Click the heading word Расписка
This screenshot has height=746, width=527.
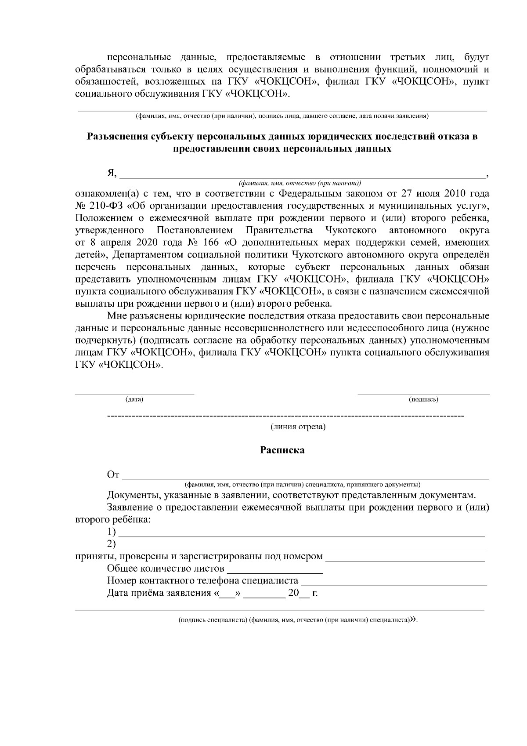[x=282, y=450]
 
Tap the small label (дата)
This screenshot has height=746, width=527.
[x=134, y=399]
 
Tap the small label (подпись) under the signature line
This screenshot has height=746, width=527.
[x=423, y=399]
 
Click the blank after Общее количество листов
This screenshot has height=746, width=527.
[x=275, y=571]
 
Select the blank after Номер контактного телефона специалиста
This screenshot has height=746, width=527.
[x=394, y=583]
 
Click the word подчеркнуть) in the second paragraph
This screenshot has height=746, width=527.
[x=101, y=340]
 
